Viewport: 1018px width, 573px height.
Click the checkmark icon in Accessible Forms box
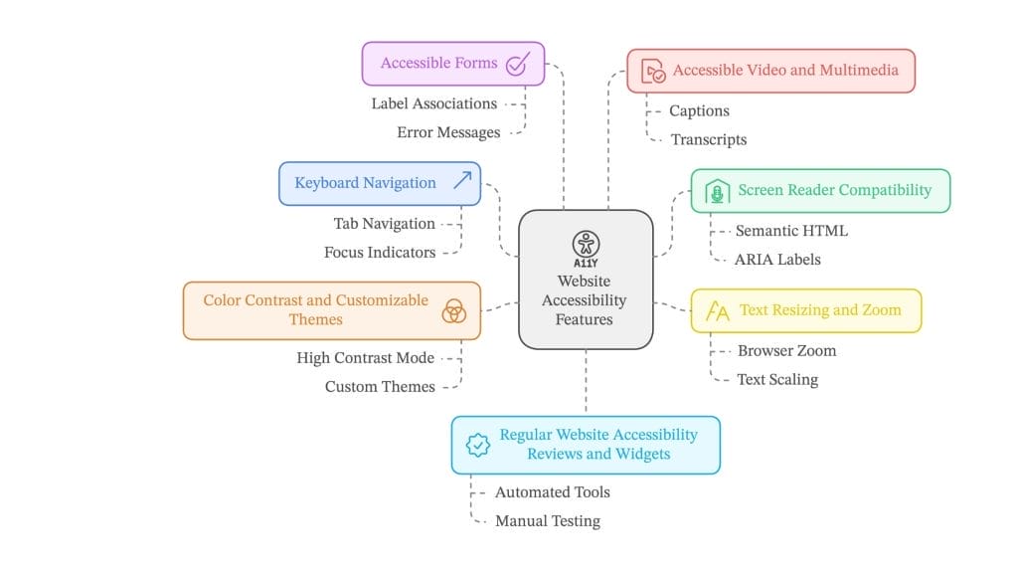[x=516, y=65]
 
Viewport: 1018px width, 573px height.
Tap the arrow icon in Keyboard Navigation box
[x=462, y=181]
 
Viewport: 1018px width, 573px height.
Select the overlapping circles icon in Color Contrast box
[x=453, y=310]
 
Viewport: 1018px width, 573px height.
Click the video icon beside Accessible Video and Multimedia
[x=653, y=72]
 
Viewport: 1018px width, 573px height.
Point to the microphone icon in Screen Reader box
[x=717, y=191]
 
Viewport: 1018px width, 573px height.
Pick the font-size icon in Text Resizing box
[x=717, y=311]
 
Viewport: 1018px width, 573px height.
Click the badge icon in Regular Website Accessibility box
[x=478, y=445]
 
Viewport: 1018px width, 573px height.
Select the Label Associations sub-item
[x=433, y=103]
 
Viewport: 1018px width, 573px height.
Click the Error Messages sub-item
[x=447, y=132]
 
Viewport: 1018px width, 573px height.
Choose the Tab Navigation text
[x=384, y=224]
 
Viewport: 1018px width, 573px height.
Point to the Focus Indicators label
[x=380, y=253]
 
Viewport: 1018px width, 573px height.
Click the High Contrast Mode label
[x=365, y=358]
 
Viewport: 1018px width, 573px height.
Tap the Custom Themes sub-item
[x=380, y=387]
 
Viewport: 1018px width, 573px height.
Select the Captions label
[x=699, y=111]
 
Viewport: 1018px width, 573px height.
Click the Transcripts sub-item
[x=708, y=140]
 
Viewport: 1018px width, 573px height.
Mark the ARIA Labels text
[x=777, y=260]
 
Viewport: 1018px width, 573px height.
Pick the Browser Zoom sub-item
[x=786, y=351]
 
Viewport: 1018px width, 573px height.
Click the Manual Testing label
[x=547, y=521]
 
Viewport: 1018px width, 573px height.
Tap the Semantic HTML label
[x=791, y=231]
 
